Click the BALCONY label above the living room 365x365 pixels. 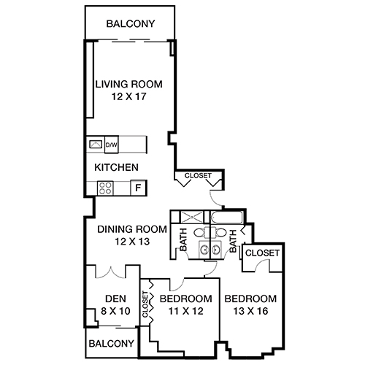click(x=130, y=23)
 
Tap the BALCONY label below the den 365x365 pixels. click(x=112, y=343)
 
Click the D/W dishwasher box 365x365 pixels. click(x=112, y=145)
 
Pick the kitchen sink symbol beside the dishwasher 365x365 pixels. click(x=96, y=145)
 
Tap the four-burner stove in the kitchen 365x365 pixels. click(x=104, y=188)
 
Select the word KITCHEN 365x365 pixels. click(x=116, y=167)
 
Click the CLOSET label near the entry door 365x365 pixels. click(x=198, y=176)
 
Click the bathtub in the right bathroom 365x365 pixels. click(x=228, y=218)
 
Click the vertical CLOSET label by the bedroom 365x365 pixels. click(x=145, y=308)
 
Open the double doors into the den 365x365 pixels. click(x=112, y=272)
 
